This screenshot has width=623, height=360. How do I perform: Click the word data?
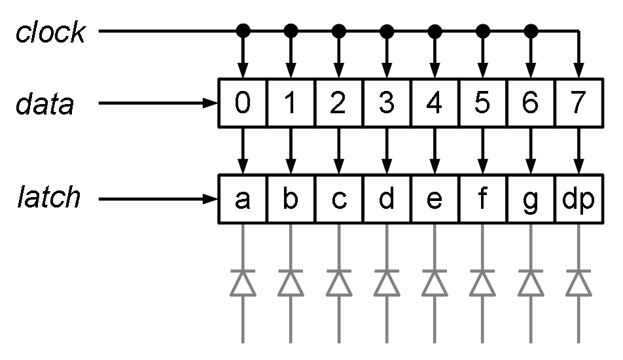tap(45, 104)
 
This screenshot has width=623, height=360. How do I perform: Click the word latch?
tap(48, 197)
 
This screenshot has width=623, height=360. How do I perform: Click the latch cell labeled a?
tap(242, 198)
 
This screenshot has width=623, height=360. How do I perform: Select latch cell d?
tap(387, 198)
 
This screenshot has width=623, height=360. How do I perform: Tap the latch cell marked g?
tap(531, 198)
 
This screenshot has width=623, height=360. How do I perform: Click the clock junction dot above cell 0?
tap(243, 30)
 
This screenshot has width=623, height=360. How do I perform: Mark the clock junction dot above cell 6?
tap(531, 30)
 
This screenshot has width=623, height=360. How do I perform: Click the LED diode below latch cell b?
tap(291, 283)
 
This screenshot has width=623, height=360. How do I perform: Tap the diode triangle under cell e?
tap(435, 283)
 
